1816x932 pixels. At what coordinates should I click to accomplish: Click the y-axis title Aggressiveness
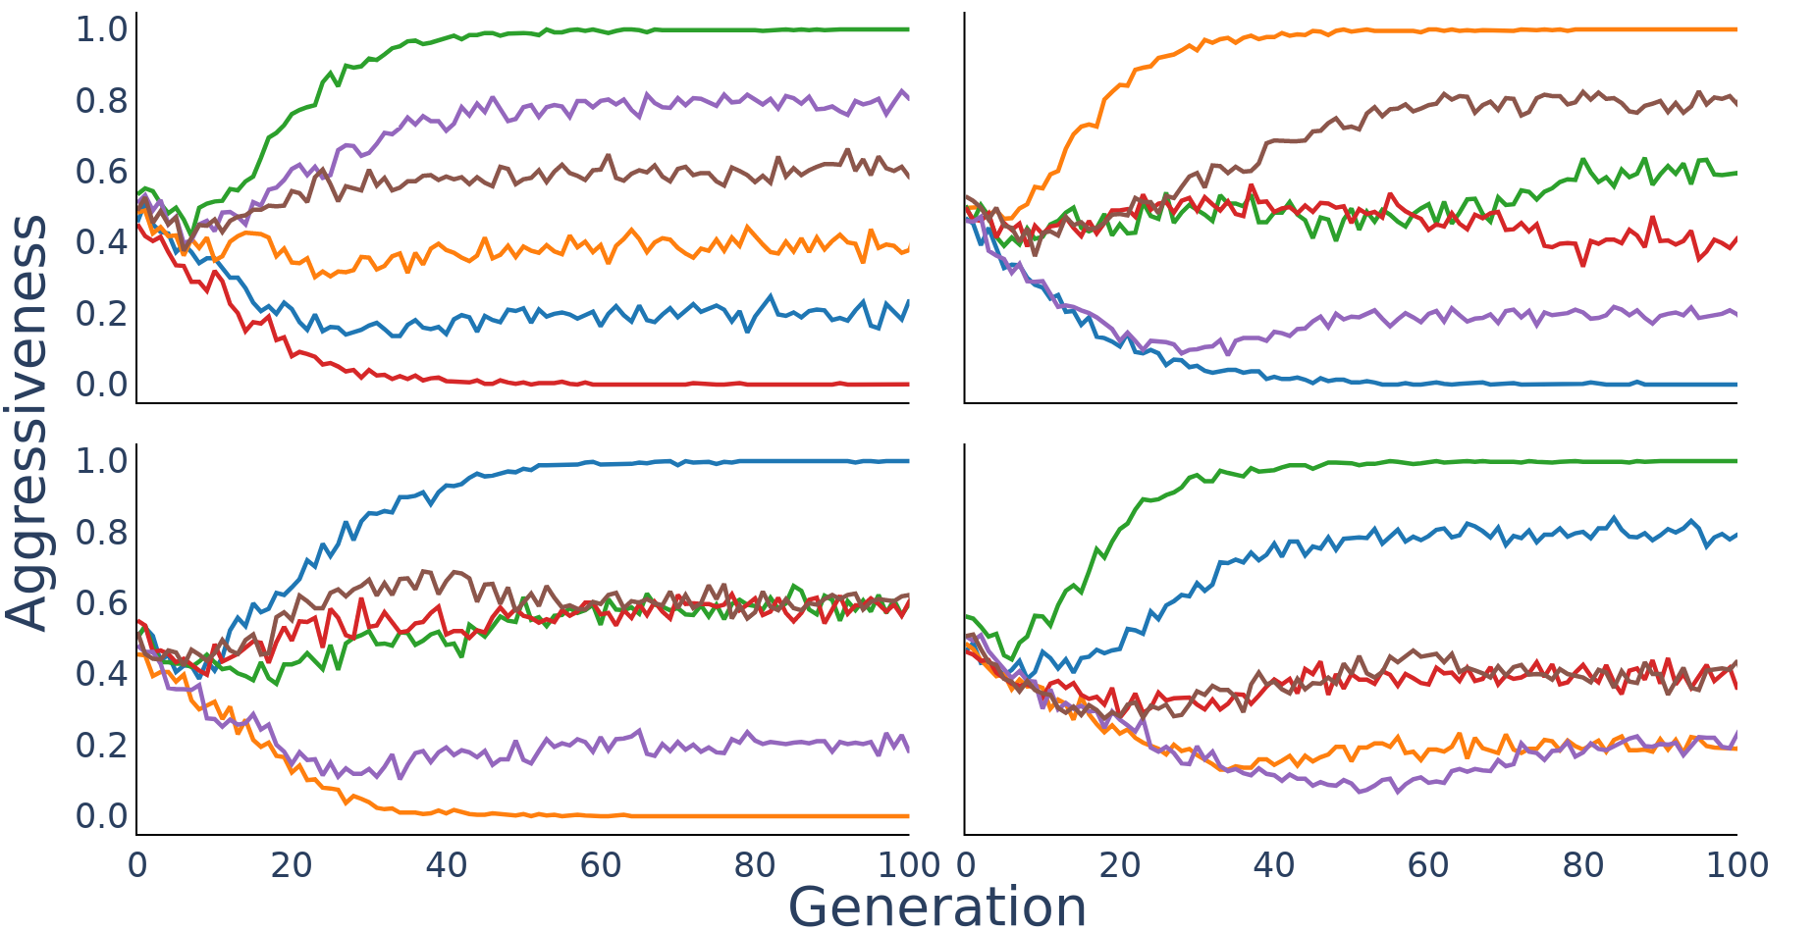[27, 422]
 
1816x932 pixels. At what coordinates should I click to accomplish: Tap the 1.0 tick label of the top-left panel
[102, 29]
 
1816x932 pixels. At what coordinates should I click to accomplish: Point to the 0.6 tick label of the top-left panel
[102, 172]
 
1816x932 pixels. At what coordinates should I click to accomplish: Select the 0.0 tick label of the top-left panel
[102, 385]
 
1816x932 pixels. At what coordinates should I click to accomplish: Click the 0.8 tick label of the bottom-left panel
[102, 532]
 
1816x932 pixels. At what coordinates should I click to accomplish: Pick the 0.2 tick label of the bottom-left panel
[102, 745]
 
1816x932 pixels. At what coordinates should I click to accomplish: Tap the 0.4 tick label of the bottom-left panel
[102, 674]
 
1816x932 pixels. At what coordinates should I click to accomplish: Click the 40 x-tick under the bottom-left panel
[446, 865]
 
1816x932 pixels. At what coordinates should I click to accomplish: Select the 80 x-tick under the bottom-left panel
[755, 865]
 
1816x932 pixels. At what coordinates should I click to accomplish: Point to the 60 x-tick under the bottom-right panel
[1428, 865]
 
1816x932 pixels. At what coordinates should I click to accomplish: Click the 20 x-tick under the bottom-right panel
[1119, 865]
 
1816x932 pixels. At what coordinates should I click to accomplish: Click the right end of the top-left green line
[909, 29]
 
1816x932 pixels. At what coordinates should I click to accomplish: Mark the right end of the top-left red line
[909, 384]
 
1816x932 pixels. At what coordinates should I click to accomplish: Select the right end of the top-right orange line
[1736, 29]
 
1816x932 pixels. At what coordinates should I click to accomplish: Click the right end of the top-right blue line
[1736, 384]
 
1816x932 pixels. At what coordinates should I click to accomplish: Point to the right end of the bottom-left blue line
[909, 461]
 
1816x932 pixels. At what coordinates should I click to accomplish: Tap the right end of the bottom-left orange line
[909, 815]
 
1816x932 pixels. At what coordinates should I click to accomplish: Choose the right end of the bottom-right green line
[1736, 461]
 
